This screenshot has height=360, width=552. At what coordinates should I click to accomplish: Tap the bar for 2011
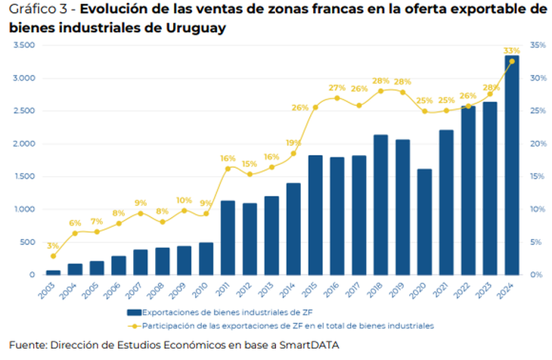point(228,237)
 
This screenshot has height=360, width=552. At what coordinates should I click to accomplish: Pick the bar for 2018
point(381,204)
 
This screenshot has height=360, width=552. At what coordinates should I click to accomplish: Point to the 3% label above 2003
point(52,246)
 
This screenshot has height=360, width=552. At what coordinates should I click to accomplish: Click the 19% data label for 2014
point(293,143)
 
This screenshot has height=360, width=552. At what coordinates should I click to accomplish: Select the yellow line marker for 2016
point(337,98)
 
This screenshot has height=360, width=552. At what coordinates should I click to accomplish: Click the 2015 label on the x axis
point(314,288)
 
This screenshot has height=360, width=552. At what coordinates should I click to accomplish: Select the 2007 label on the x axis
point(139,288)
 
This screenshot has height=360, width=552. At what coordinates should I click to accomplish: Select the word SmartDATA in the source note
point(309,345)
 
